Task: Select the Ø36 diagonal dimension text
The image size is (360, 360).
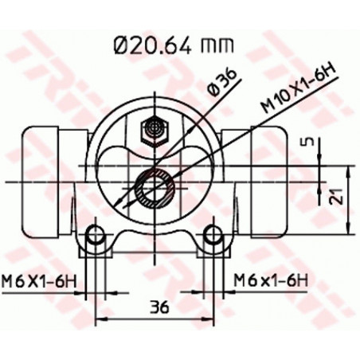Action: (221, 82)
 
